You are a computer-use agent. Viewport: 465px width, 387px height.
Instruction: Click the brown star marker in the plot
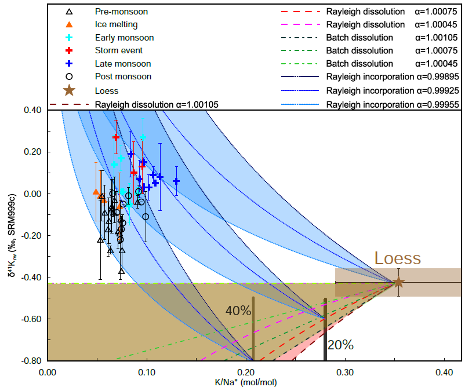[x=398, y=282]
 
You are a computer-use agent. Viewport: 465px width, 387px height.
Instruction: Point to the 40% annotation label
[x=238, y=311]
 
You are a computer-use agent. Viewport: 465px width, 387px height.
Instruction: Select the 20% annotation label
[x=340, y=345]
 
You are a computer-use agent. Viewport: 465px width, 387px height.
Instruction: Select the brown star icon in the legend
[x=69, y=90]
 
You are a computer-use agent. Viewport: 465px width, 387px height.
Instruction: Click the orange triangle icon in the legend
[x=69, y=24]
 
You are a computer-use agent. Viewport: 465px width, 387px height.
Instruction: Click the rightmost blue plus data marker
[x=176, y=181]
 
